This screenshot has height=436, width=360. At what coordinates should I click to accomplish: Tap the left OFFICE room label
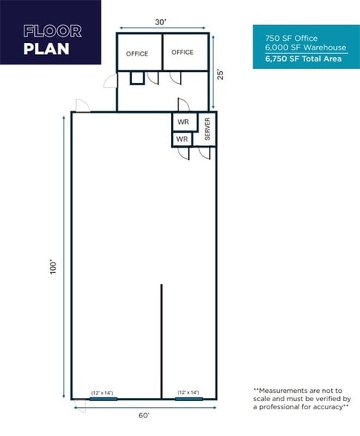(137, 53)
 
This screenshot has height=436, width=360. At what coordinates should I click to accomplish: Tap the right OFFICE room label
(182, 53)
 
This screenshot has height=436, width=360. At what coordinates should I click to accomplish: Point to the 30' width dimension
(161, 22)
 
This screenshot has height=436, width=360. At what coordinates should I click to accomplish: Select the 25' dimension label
(219, 74)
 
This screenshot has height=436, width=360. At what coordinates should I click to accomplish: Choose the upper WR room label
(183, 122)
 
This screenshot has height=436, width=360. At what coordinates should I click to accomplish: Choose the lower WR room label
(181, 139)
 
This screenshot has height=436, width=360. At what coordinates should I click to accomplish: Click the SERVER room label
(207, 130)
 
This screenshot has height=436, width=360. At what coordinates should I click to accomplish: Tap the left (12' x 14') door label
(102, 392)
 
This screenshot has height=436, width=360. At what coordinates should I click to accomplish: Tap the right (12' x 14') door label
(188, 392)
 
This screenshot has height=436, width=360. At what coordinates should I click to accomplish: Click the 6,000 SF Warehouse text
(296, 47)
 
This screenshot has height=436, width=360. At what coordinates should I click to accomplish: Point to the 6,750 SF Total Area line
(298, 59)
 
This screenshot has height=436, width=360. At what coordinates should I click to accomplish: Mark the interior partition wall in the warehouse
(161, 341)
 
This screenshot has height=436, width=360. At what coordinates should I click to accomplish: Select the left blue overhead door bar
(103, 399)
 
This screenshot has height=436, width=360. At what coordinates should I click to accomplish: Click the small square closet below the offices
(137, 78)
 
